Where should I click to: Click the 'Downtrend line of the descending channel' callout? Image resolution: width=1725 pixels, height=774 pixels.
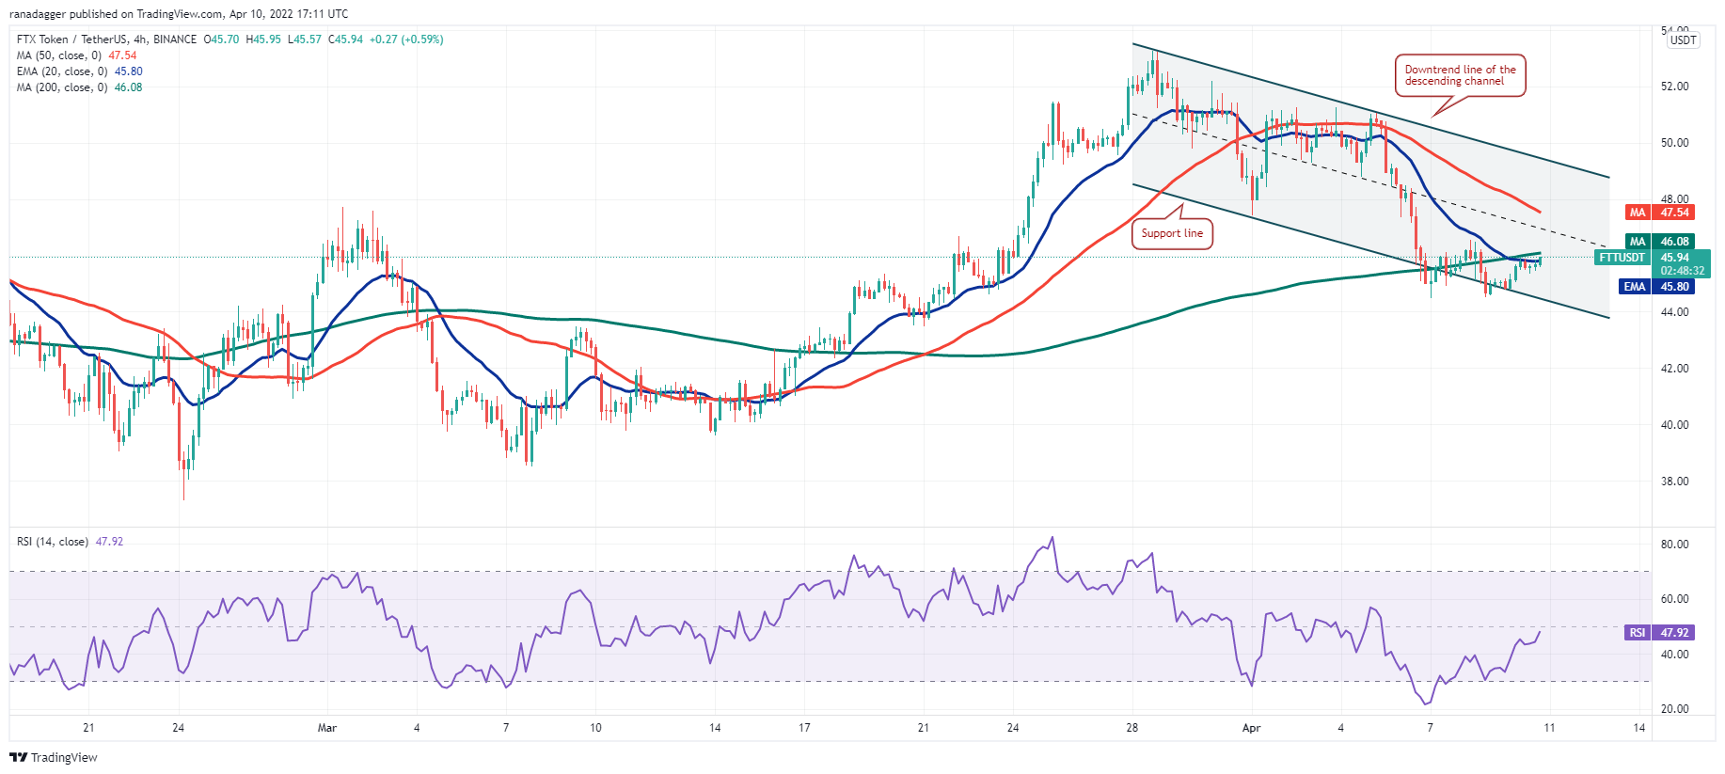pyautogui.click(x=1460, y=75)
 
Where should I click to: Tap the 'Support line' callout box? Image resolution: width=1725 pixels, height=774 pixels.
pyautogui.click(x=1172, y=233)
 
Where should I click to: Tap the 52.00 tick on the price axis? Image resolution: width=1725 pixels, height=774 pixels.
pyautogui.click(x=1674, y=87)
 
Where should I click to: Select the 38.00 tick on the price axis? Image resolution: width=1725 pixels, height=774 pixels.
pyautogui.click(x=1674, y=482)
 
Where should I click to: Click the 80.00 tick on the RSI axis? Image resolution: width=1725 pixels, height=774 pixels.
pyautogui.click(x=1675, y=545)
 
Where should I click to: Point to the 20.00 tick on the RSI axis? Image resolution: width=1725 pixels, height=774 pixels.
pyautogui.click(x=1675, y=709)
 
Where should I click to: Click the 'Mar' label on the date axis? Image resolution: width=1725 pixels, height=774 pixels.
pyautogui.click(x=326, y=728)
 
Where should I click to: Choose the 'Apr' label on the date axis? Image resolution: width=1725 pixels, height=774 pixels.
pyautogui.click(x=1251, y=728)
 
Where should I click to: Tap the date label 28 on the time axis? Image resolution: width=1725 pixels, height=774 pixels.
pyautogui.click(x=1132, y=728)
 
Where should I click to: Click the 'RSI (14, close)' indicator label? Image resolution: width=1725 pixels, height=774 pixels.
pyautogui.click(x=53, y=542)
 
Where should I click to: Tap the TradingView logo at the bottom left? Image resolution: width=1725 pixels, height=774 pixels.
pyautogui.click(x=54, y=757)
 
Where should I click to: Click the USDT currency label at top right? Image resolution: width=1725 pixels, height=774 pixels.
pyautogui.click(x=1683, y=40)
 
